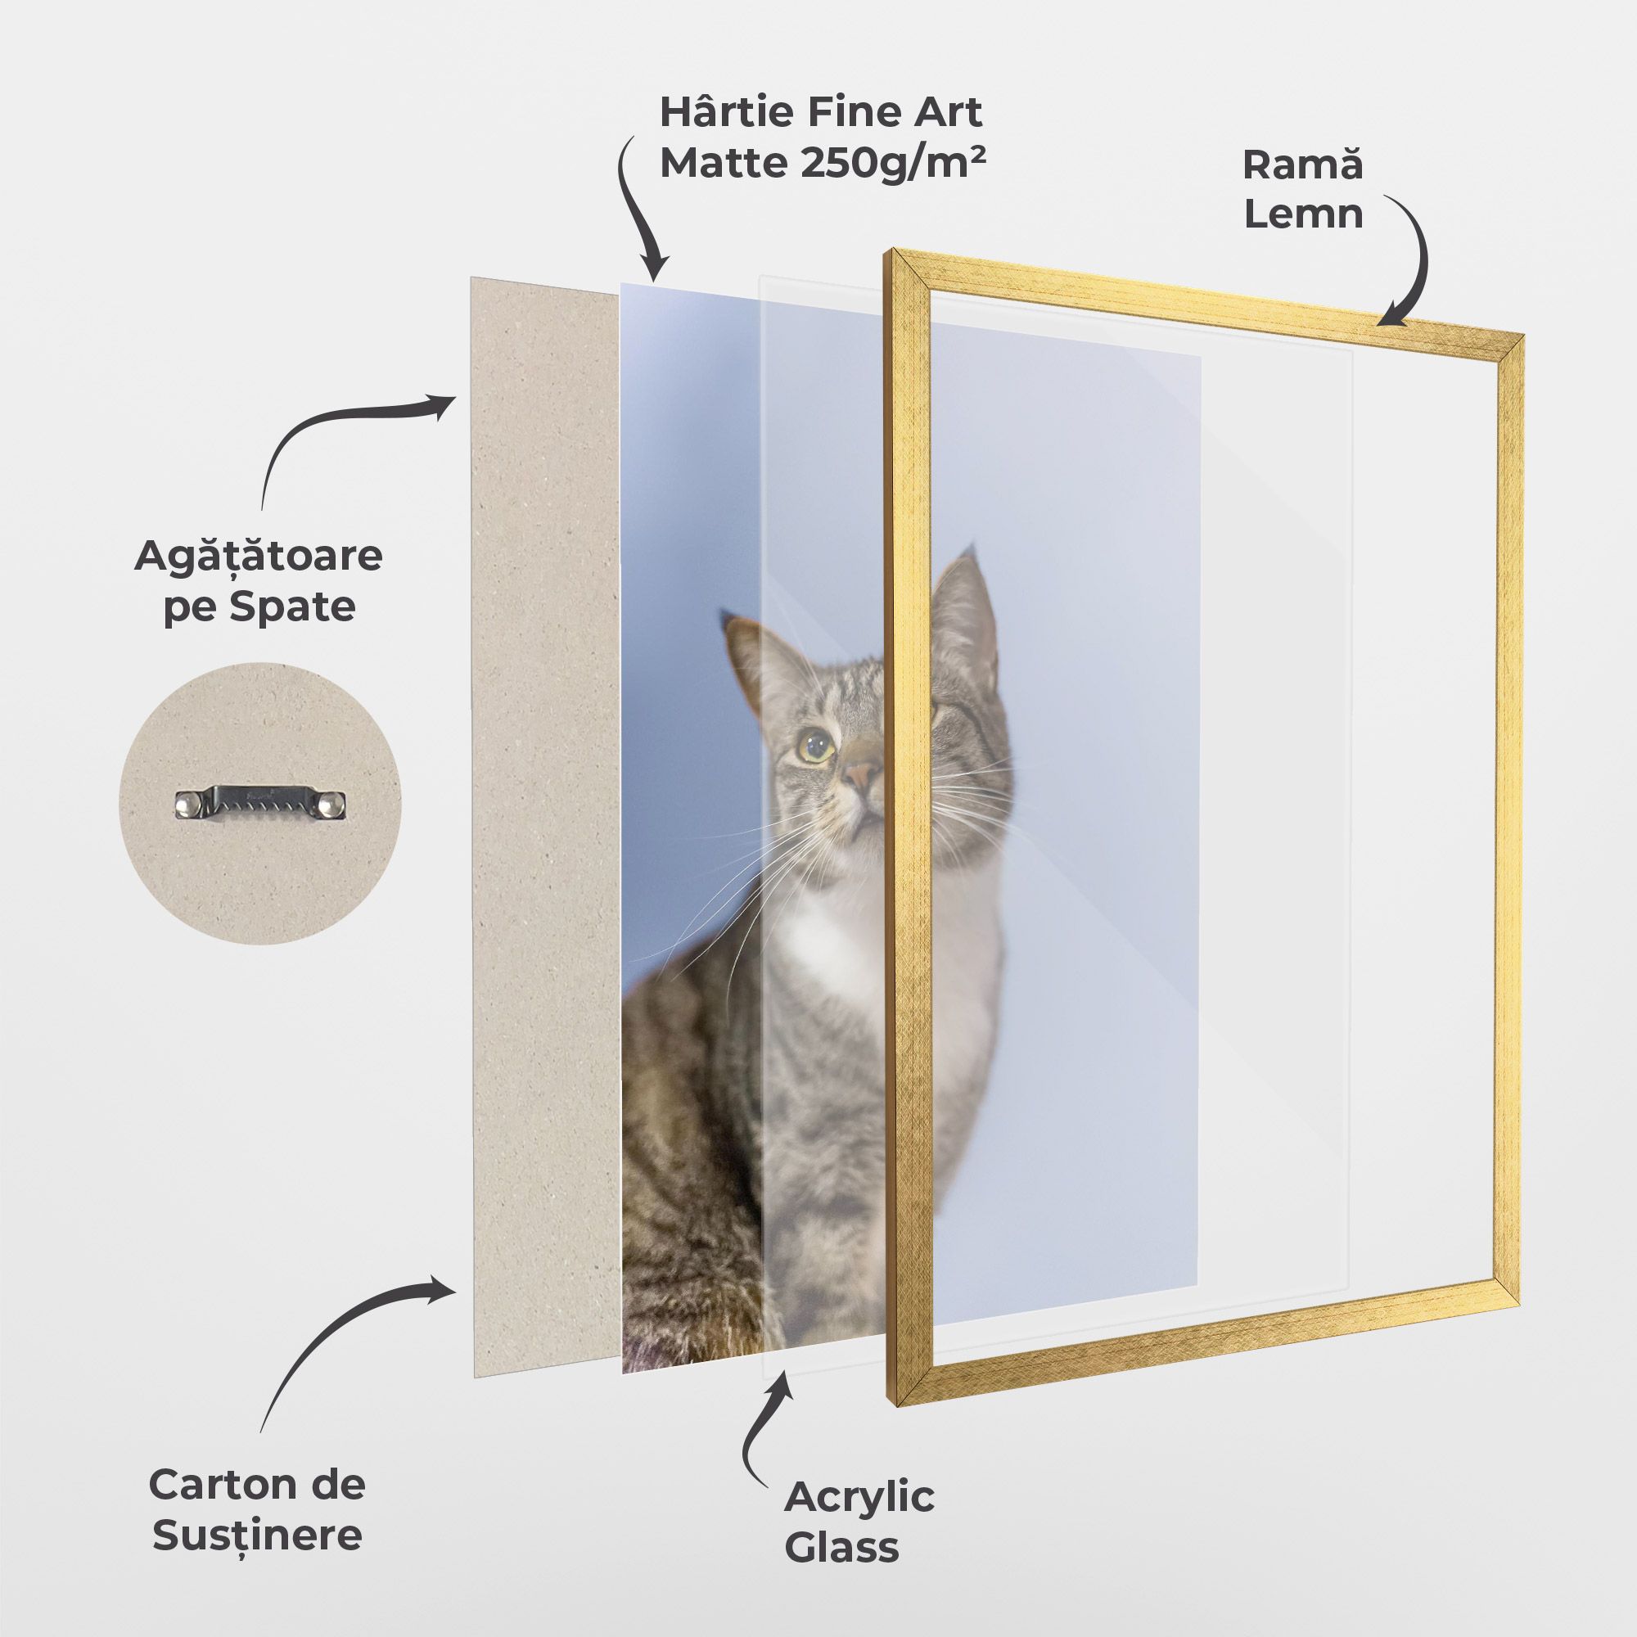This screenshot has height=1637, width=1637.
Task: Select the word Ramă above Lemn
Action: [1302, 165]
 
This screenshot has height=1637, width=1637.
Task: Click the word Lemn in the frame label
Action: [1303, 214]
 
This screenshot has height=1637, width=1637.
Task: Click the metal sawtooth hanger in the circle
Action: [261, 802]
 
